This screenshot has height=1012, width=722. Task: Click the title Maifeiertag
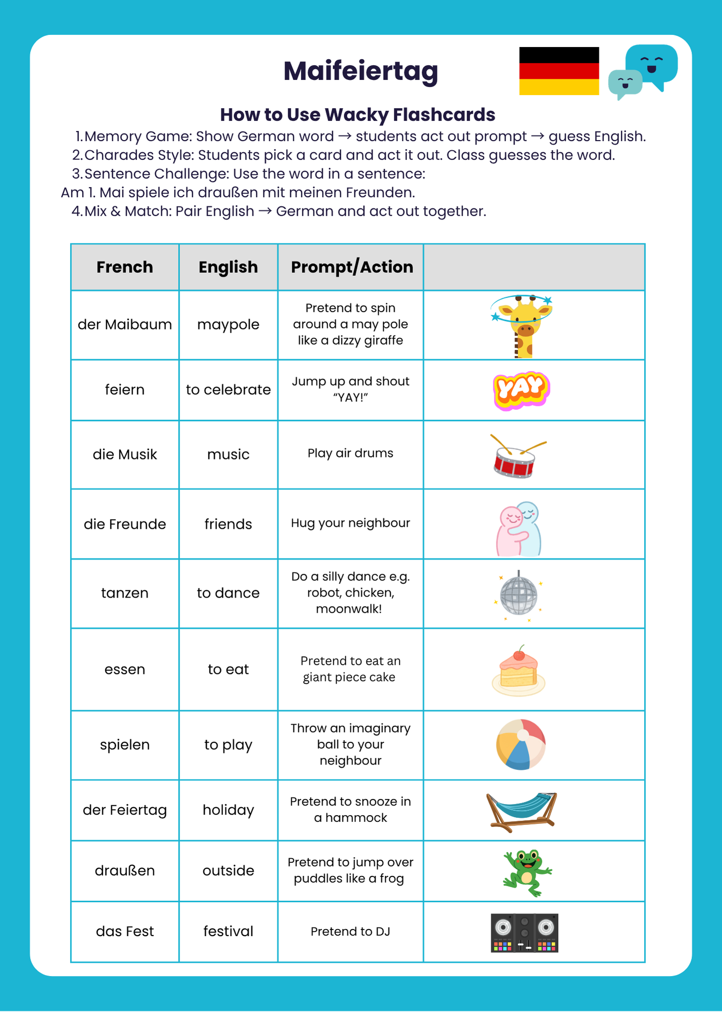click(360, 71)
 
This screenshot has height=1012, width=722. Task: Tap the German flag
click(559, 71)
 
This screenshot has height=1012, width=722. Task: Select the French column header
click(124, 267)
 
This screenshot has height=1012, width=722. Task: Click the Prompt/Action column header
click(352, 267)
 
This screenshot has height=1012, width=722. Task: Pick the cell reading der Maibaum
click(124, 324)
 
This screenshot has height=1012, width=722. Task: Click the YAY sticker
click(521, 390)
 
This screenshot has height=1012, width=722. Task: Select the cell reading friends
click(228, 524)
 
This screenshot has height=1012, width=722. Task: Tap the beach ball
click(521, 744)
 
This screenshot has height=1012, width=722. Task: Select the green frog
click(527, 871)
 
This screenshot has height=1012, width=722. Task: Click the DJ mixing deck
click(524, 933)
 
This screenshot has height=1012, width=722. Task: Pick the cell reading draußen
click(124, 871)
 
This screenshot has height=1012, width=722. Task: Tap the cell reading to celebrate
click(228, 390)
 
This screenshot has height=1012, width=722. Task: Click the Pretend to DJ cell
click(350, 932)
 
